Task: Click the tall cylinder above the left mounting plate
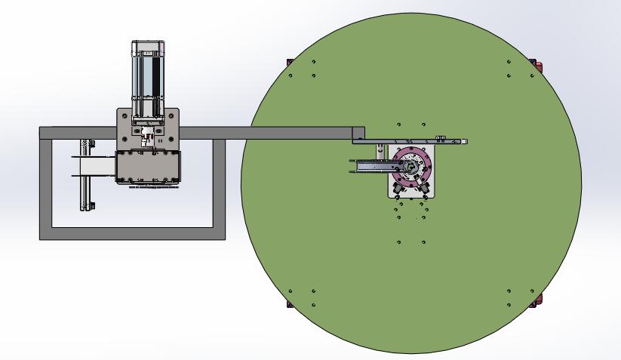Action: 148,78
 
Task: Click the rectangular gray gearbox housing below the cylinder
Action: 149,166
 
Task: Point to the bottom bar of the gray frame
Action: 132,234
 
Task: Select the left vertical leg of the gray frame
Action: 45,189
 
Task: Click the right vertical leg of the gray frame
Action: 219,189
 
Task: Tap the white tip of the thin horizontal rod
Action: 465,141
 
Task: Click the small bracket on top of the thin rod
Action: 441,137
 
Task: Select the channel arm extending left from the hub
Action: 374,166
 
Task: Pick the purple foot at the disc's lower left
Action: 289,303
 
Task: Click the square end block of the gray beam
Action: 358,133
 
